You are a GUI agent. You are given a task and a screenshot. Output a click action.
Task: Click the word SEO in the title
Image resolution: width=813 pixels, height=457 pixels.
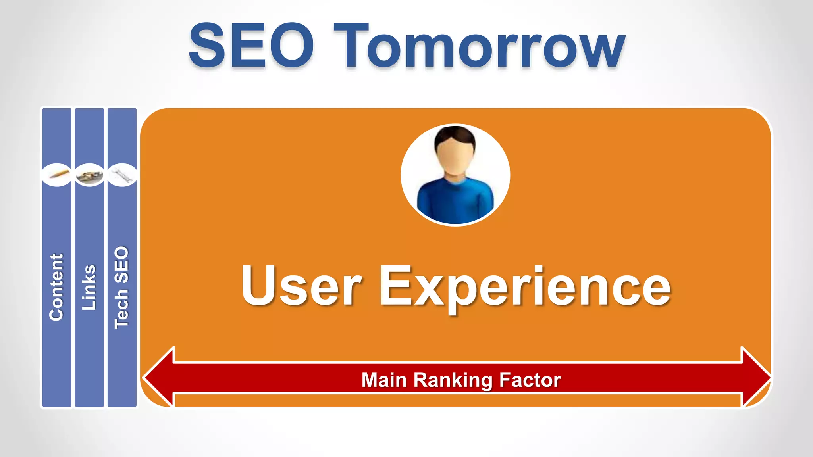click(x=251, y=46)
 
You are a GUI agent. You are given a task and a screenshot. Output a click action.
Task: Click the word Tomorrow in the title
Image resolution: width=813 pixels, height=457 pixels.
click(x=479, y=47)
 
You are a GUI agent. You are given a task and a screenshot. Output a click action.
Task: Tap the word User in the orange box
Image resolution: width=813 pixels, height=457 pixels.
click(x=301, y=286)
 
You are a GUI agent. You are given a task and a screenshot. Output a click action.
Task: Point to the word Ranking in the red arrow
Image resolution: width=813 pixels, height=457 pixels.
click(x=453, y=380)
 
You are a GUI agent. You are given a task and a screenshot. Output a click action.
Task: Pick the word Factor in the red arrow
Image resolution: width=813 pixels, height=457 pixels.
click(x=530, y=380)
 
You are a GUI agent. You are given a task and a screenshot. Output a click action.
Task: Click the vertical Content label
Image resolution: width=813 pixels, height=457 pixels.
click(x=56, y=287)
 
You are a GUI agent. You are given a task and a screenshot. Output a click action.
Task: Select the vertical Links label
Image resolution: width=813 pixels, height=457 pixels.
click(x=89, y=287)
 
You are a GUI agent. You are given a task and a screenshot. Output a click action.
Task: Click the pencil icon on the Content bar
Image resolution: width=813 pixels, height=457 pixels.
click(x=57, y=175)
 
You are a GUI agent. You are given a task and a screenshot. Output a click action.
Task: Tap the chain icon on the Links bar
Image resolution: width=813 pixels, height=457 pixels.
click(x=89, y=175)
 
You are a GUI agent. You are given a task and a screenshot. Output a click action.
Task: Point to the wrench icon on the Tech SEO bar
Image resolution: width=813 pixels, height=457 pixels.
click(x=122, y=175)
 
